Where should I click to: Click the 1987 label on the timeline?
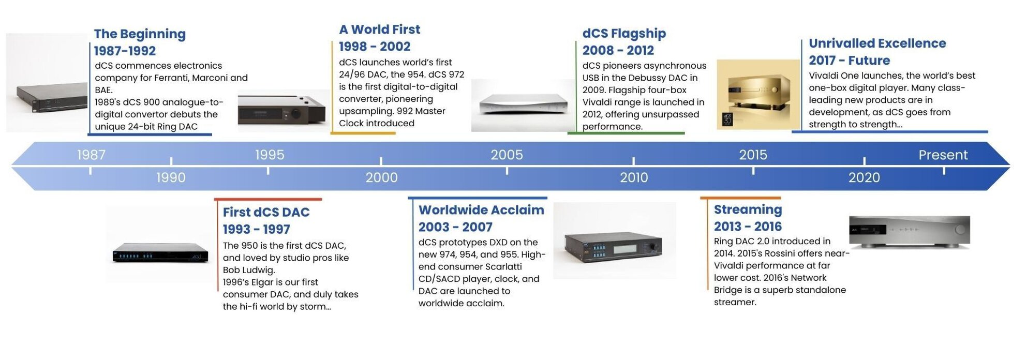tap(91, 155)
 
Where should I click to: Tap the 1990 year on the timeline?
tap(171, 177)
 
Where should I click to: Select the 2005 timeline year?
tap(507, 155)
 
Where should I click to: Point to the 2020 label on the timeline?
tap(864, 177)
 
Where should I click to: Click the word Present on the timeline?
tap(943, 155)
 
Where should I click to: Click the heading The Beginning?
tap(140, 34)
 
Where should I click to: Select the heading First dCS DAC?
tap(266, 212)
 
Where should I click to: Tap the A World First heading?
tap(379, 29)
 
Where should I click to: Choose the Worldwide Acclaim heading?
tap(481, 210)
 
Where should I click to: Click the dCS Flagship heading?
tap(624, 34)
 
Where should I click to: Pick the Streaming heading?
tap(748, 209)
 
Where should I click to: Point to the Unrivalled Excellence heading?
tap(877, 43)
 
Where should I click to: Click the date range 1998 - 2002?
tap(375, 47)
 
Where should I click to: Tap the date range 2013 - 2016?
tap(748, 227)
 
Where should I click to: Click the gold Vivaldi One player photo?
tap(758, 94)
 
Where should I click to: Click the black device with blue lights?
tap(160, 253)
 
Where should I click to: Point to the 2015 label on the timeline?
tap(753, 155)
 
